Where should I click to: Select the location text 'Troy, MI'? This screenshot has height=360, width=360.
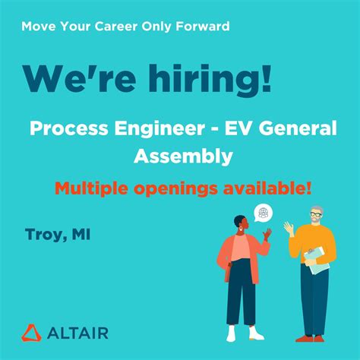click(57, 235)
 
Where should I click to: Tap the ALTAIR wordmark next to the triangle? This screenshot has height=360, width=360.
click(78, 333)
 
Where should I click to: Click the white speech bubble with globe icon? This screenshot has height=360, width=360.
click(263, 213)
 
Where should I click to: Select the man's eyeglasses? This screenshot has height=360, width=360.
click(315, 215)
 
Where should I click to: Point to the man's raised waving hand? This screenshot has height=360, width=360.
click(289, 227)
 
